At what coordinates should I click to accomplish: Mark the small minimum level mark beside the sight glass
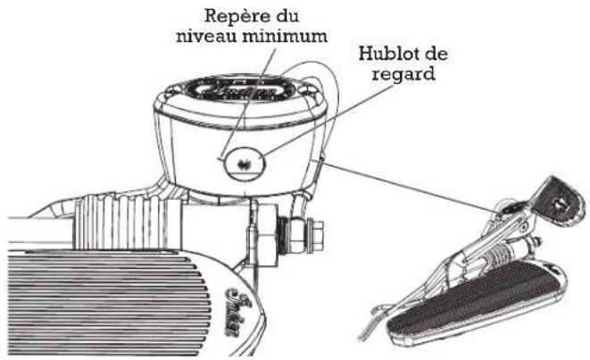click(x=220, y=160)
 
